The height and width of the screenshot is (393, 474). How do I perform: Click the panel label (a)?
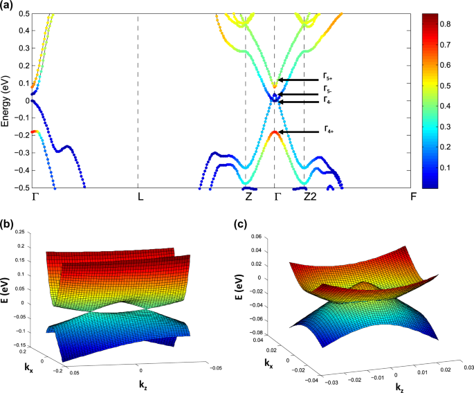[8, 7]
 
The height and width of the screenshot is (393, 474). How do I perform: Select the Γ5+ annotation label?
[328, 77]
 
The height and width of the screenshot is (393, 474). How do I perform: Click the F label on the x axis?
[413, 196]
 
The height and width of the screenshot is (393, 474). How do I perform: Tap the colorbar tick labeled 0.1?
[453, 167]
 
